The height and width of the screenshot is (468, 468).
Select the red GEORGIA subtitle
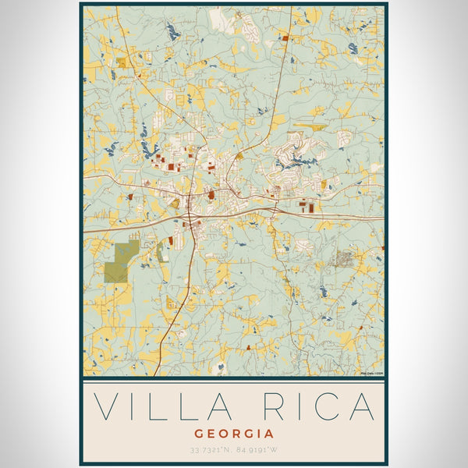pos(234,434)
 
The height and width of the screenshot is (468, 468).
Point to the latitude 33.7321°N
pos(210,448)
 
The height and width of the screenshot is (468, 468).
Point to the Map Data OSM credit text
pos(371,374)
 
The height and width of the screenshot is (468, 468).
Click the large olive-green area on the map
pos(121,262)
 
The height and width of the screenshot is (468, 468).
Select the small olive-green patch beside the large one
pos(161,252)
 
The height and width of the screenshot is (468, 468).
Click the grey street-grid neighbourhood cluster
pos(344,258)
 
